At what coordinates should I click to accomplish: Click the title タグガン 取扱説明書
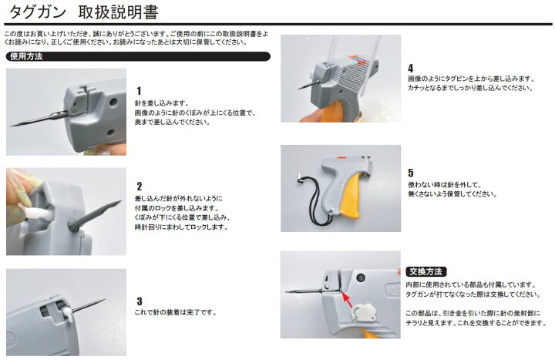83,12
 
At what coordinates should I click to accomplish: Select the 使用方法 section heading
26,56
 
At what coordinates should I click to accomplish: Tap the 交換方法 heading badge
425,271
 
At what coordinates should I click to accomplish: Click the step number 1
139,91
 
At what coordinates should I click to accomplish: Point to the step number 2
140,187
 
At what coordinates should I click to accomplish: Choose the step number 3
140,301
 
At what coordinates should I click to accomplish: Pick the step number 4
411,69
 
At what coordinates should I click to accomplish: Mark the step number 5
411,173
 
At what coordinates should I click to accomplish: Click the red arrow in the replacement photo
347,299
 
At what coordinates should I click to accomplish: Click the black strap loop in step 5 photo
315,202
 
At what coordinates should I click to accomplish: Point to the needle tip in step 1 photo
12,126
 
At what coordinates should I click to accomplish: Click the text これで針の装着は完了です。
176,312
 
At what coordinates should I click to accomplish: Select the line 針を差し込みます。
162,103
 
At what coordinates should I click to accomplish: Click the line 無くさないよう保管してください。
452,194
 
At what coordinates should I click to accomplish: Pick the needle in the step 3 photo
89,306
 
